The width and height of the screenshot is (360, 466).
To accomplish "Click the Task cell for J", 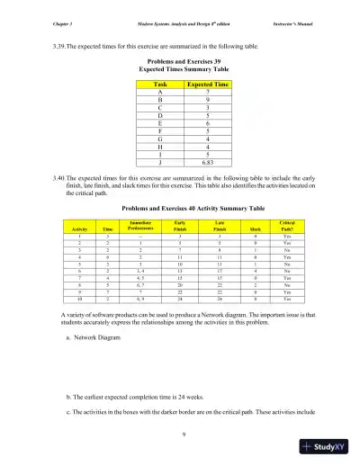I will pyautogui.click(x=160, y=164).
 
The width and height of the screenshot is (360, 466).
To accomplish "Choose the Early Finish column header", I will pyautogui.click(x=182, y=226).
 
